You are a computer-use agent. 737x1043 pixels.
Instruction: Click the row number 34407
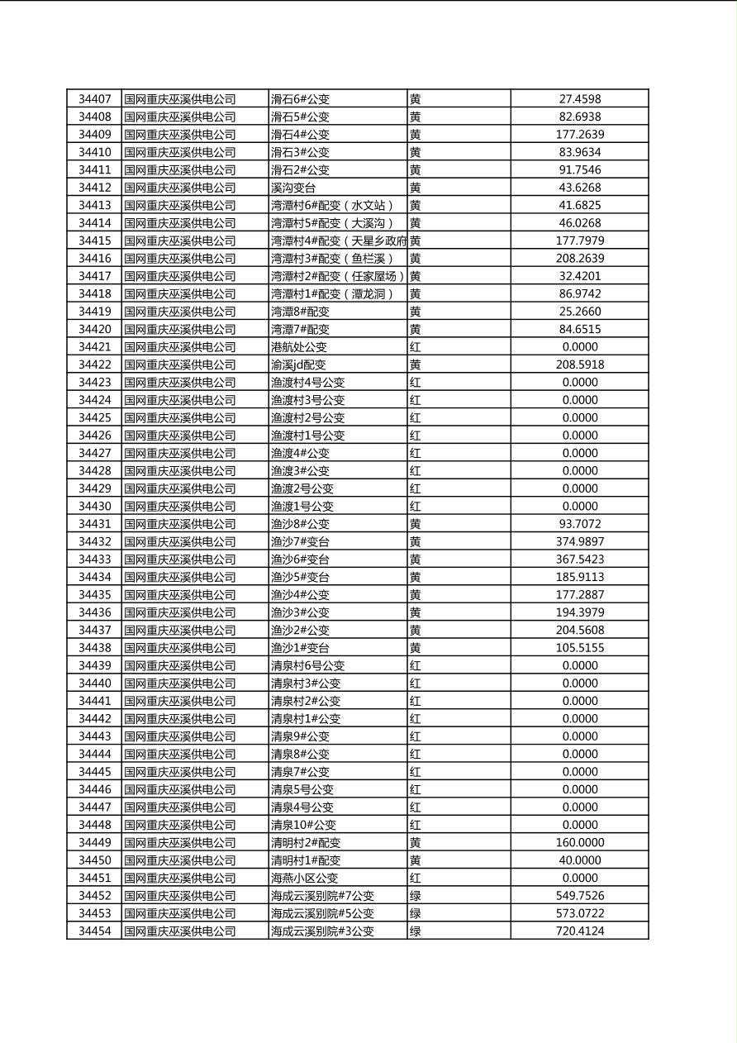(94, 99)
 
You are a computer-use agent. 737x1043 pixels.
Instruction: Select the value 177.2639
(579, 135)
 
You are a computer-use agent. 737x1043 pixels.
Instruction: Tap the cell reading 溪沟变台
(293, 188)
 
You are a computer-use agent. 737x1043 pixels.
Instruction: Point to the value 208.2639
(579, 259)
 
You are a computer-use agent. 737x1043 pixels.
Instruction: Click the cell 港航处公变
(299, 347)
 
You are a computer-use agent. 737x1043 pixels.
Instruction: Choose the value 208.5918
(579, 364)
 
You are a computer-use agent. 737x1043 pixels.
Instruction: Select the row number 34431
(94, 524)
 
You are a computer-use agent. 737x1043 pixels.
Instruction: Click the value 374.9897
(579, 541)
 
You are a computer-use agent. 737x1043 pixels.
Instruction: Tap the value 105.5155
(579, 648)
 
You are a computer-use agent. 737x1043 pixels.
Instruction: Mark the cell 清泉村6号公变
(308, 665)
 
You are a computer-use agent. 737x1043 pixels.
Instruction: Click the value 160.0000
(579, 843)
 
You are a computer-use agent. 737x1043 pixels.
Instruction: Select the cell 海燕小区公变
(305, 878)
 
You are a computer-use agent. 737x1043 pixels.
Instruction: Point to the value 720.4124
(579, 931)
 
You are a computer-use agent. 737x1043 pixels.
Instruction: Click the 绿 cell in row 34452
(416, 896)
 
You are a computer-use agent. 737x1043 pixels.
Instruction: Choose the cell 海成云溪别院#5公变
(322, 913)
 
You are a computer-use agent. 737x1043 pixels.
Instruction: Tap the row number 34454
(94, 931)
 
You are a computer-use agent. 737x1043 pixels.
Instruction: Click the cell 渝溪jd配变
(298, 364)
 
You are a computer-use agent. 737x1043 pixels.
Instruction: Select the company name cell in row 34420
(180, 329)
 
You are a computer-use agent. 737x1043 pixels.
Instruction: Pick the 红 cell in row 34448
(416, 825)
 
